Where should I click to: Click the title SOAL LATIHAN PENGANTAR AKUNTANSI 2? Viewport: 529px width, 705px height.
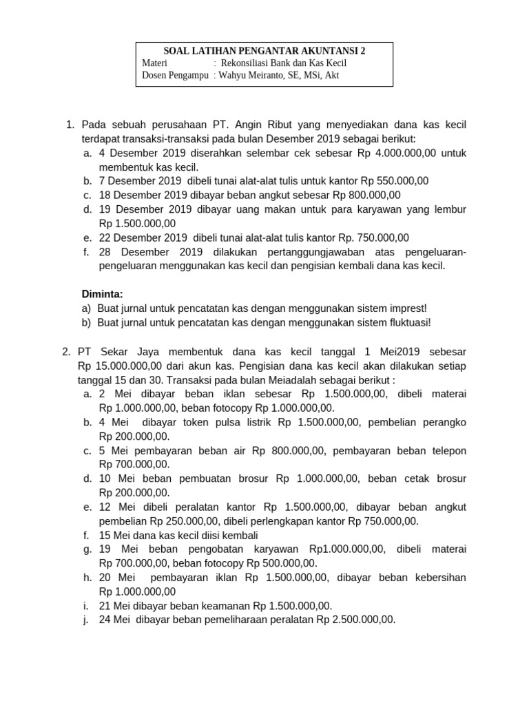264,51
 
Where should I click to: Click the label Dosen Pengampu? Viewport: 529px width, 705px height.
175,76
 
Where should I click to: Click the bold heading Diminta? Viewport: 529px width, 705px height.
102,294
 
